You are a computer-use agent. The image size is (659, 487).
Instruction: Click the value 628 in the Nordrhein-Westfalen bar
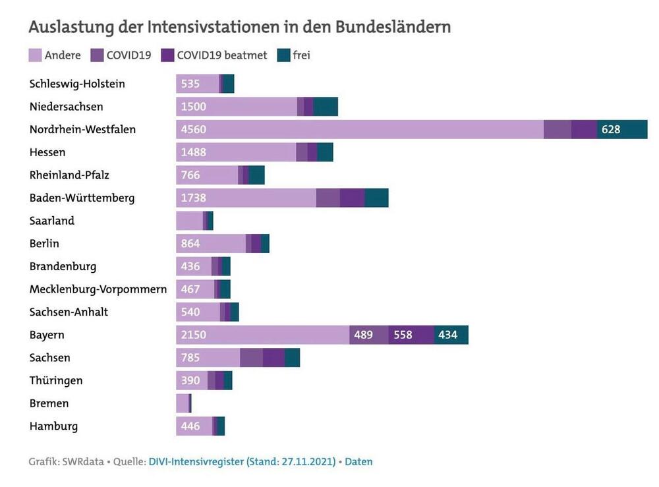tap(611, 130)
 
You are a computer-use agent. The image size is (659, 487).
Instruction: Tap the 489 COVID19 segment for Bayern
tap(363, 335)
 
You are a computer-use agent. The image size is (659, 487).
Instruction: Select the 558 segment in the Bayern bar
tap(403, 335)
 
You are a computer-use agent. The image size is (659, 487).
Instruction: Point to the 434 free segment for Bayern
tap(447, 335)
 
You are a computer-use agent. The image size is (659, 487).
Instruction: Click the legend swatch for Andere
tap(35, 55)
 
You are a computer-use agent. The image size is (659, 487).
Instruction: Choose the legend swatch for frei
tap(283, 55)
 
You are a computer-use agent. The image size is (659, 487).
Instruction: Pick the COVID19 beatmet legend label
tap(222, 55)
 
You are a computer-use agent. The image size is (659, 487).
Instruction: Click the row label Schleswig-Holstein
tap(77, 84)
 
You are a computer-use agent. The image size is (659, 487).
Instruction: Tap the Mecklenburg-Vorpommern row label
tap(98, 289)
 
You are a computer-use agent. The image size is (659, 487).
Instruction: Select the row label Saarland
tap(52, 221)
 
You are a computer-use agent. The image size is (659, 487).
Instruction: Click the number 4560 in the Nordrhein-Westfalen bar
tap(194, 130)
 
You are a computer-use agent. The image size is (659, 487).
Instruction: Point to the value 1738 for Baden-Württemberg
tap(194, 198)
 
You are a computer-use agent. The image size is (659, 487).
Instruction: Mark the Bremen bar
tap(183, 403)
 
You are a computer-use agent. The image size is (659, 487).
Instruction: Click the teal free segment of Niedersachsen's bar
tap(326, 107)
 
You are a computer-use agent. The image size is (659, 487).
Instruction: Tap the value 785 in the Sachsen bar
tap(190, 358)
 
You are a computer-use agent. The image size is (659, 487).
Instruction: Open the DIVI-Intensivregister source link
tap(242, 462)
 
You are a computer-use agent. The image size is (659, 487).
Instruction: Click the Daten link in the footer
tap(358, 462)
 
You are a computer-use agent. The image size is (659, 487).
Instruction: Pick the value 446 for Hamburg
tap(190, 426)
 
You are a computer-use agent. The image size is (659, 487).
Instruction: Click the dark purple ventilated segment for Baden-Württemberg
tap(352, 198)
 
